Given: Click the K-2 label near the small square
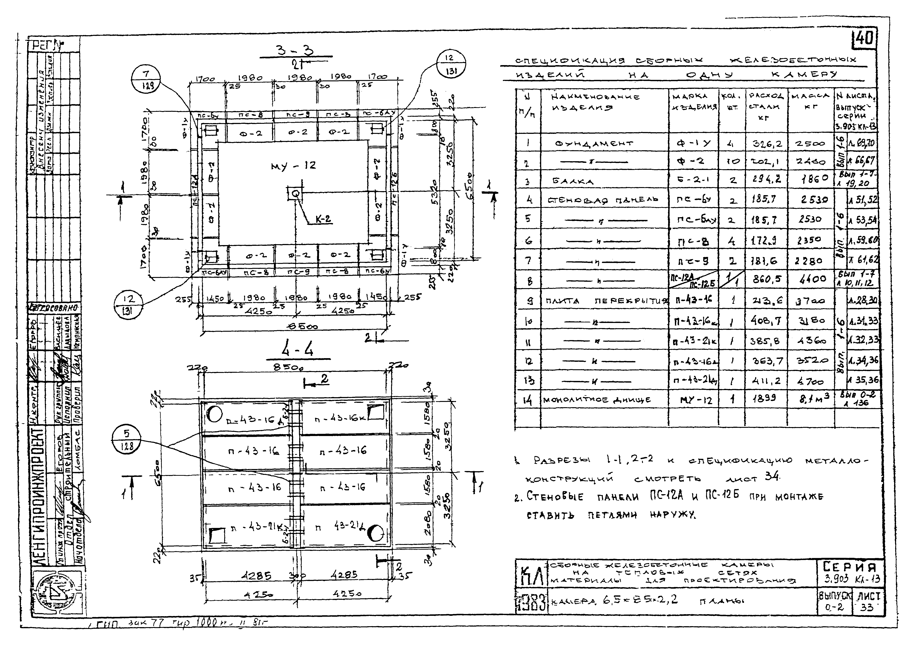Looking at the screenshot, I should (322, 219).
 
